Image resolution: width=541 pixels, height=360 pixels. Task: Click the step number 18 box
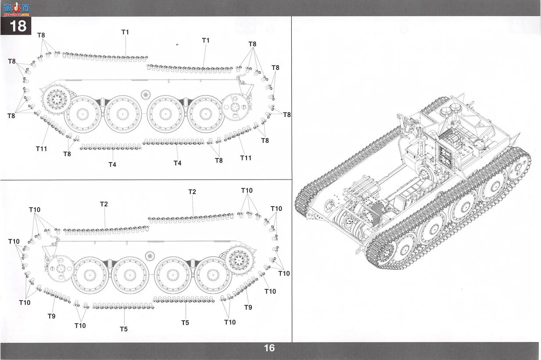[16, 25]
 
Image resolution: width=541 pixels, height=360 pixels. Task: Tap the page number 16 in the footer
[269, 348]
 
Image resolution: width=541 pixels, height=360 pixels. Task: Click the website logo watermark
[16, 9]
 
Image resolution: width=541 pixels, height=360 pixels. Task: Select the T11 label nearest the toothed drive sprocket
[41, 149]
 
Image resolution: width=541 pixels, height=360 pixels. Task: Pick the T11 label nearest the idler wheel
[246, 158]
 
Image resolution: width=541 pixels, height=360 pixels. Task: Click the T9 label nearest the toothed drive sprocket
[248, 307]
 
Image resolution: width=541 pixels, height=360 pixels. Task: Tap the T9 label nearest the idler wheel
[51, 316]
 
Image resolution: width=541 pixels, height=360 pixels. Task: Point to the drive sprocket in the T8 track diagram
[57, 99]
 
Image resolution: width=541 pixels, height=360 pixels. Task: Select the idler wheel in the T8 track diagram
[236, 107]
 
